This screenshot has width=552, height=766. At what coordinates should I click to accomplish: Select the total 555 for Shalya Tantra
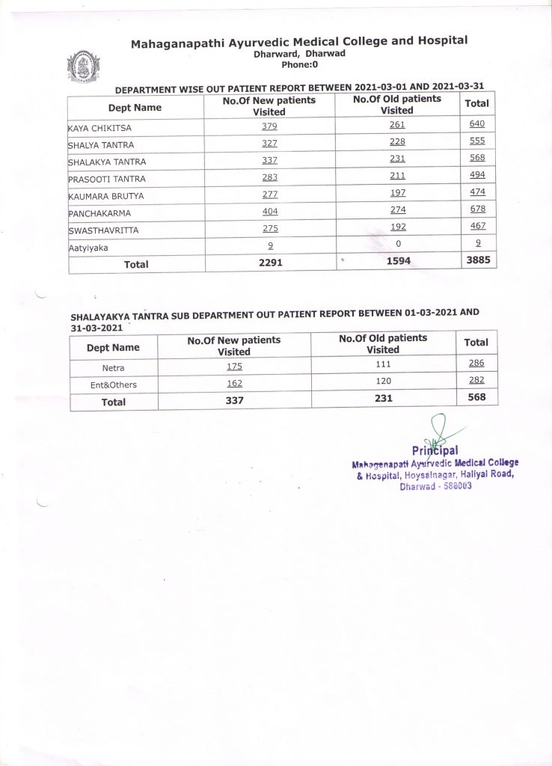click(x=477, y=141)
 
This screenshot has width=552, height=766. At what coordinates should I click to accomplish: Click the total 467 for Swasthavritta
click(x=477, y=227)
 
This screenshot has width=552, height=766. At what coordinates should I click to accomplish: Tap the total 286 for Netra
click(x=476, y=364)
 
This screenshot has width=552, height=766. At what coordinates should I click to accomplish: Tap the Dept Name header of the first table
click(x=135, y=108)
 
